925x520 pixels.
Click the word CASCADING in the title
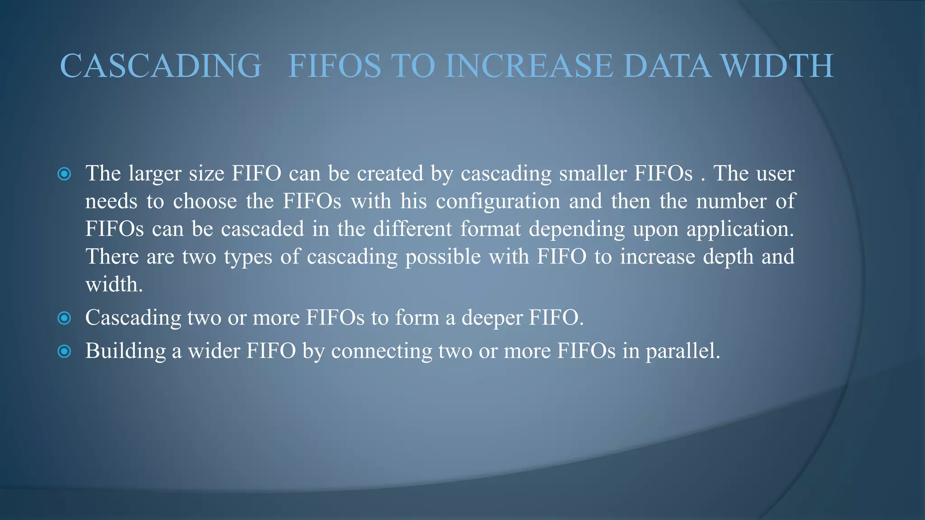coord(160,66)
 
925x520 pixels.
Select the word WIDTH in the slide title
coord(777,66)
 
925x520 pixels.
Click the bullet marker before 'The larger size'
coord(65,174)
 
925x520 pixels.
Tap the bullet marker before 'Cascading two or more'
coord(65,318)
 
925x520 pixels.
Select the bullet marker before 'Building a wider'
coord(65,351)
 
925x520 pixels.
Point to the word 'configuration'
coord(498,201)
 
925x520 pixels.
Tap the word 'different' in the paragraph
coord(412,229)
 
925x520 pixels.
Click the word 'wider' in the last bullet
coord(214,351)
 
